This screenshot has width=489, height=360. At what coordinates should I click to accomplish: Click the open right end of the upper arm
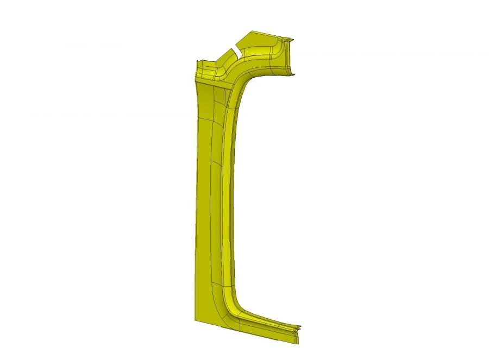[293, 57]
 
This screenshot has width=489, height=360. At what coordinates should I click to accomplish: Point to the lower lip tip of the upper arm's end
[296, 75]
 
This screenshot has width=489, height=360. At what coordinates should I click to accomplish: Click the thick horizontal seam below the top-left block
[212, 83]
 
